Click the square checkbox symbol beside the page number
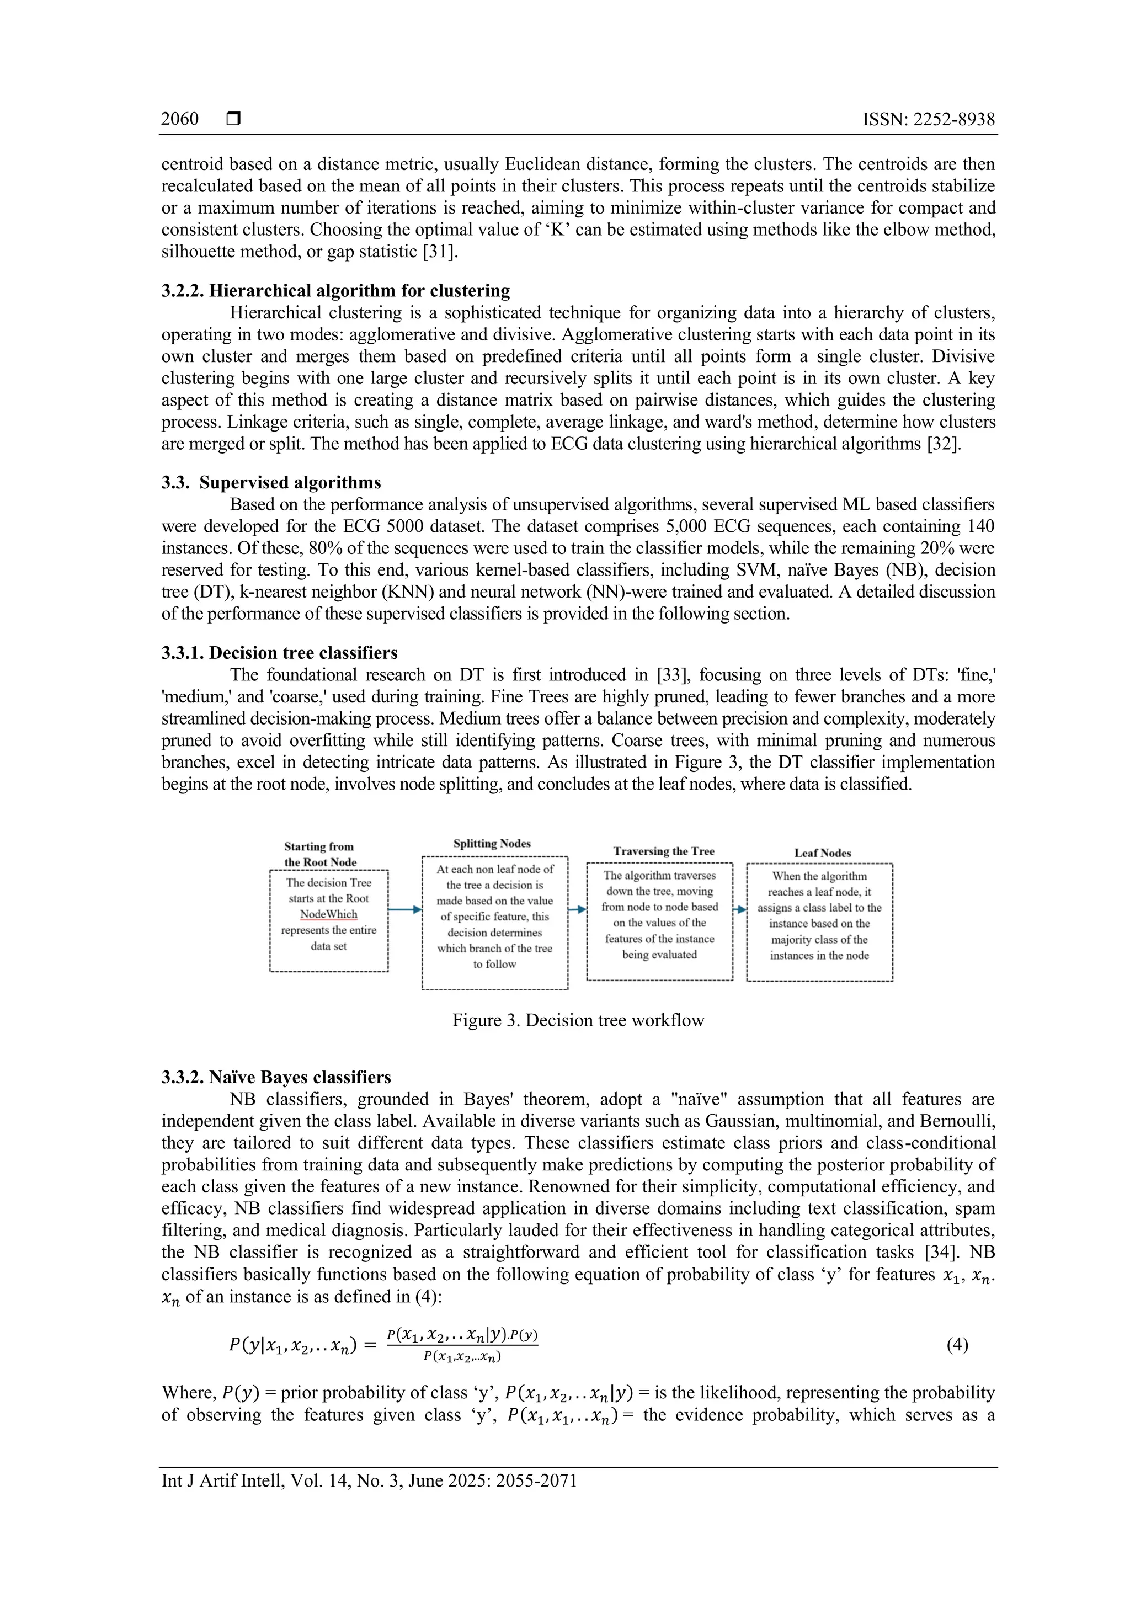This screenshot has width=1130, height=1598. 234,119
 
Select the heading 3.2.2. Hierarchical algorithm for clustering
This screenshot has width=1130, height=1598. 335,290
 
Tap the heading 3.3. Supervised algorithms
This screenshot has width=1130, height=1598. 271,482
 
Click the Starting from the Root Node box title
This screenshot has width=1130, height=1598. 319,854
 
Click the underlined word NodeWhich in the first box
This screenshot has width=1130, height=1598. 328,914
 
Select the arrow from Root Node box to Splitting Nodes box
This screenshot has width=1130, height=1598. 404,909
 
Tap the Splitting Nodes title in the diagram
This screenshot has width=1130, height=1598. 492,844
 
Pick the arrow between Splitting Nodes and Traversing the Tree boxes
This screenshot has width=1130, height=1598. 577,909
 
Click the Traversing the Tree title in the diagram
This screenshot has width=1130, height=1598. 663,851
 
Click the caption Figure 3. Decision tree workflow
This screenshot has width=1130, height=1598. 578,1020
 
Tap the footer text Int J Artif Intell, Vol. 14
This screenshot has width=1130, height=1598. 369,1480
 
